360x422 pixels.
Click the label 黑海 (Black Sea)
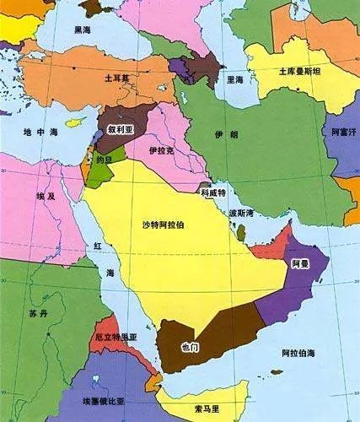click(x=82, y=29)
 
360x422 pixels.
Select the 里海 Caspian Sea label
click(x=235, y=79)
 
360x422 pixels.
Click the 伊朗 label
click(x=244, y=135)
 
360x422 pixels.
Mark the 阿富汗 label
click(x=344, y=133)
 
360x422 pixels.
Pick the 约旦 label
click(x=105, y=157)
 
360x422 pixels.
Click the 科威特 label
click(x=212, y=192)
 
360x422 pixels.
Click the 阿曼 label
click(x=300, y=264)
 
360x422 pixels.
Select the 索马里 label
click(x=201, y=409)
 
